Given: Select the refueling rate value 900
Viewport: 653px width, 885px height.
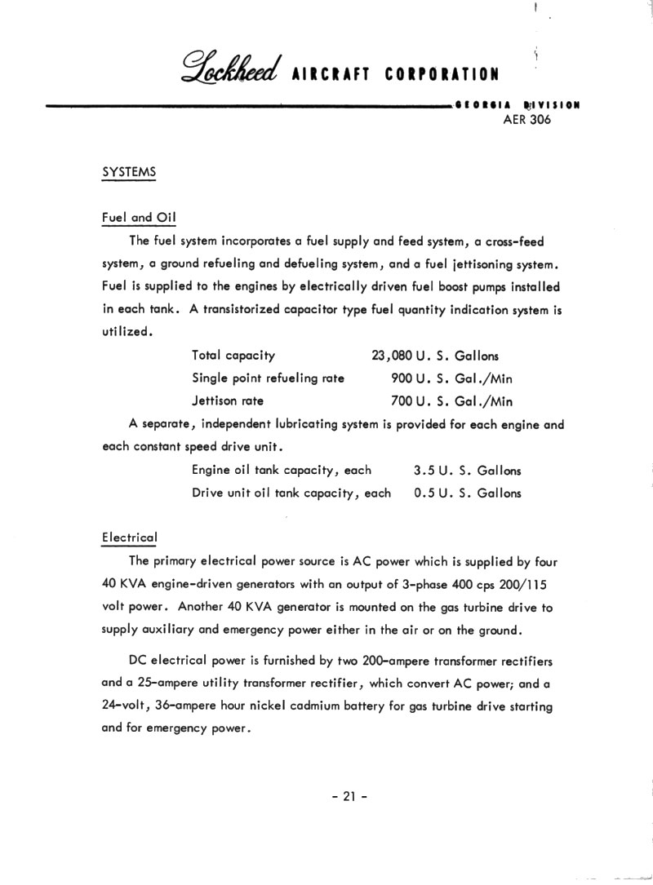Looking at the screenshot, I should [x=402, y=378].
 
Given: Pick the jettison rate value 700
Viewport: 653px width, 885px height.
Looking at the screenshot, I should [x=402, y=401].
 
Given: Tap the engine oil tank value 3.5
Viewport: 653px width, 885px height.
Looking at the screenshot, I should [x=424, y=470].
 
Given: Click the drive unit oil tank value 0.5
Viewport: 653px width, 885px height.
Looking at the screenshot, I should [x=424, y=493].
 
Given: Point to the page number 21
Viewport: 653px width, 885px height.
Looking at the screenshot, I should [x=350, y=798].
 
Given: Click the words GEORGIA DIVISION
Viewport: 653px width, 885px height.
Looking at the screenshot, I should [x=516, y=105].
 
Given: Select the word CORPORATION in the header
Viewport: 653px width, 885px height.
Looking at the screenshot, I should [x=442, y=74].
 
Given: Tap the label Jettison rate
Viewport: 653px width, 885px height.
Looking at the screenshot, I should [x=228, y=401].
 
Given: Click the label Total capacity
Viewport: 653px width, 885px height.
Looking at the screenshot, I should [x=233, y=356].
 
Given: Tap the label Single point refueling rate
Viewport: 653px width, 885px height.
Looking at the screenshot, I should [x=268, y=378].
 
